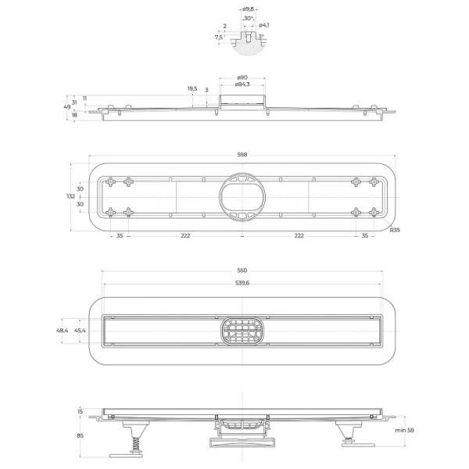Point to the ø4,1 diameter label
point(264,26)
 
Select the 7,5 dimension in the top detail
point(218,36)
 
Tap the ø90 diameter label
point(242,77)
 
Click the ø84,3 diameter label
point(242,84)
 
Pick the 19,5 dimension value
point(192,88)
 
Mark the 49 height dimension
point(66,107)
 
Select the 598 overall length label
point(242,154)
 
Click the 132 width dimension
point(71,196)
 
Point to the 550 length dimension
point(242,270)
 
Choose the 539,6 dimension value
point(242,283)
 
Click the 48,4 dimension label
point(62,331)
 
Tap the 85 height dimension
point(80,437)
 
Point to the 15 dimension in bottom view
point(80,411)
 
